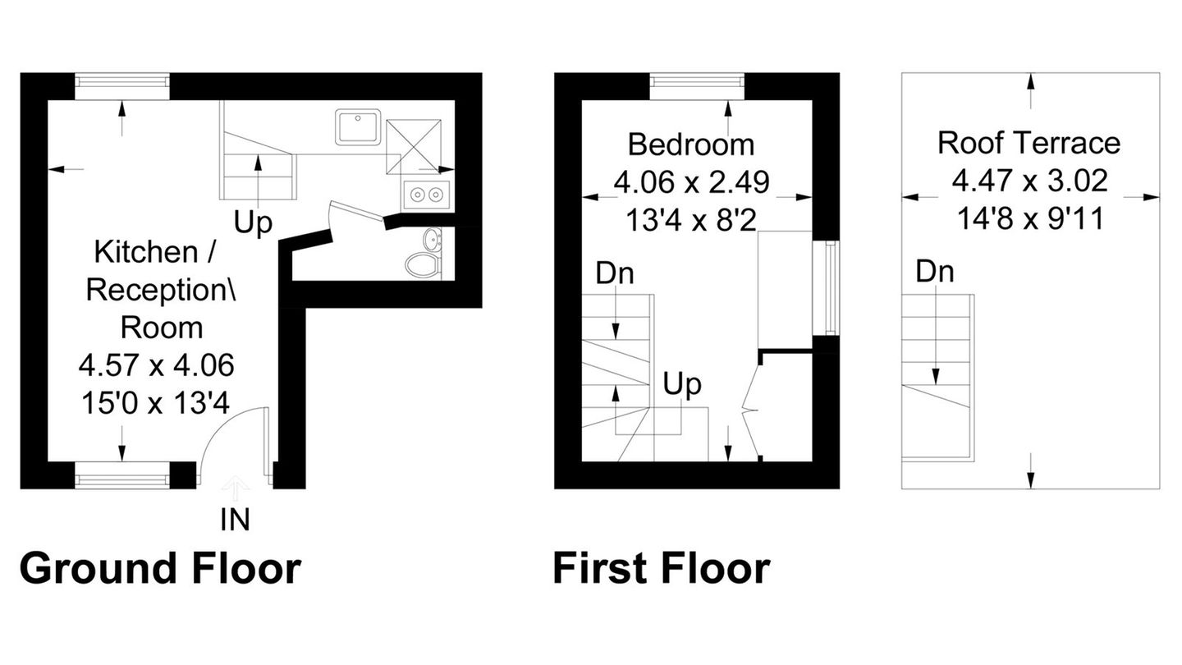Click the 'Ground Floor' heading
click(x=160, y=569)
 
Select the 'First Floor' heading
click(x=662, y=568)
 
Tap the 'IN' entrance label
click(x=236, y=521)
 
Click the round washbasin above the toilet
click(x=433, y=240)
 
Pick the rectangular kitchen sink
click(x=358, y=126)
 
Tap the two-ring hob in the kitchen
click(x=426, y=195)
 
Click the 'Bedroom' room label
click(x=691, y=144)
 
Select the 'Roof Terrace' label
click(x=1029, y=143)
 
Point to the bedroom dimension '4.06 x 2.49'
click(x=691, y=182)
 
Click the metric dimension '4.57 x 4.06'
click(x=157, y=365)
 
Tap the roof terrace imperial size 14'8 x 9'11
click(x=1030, y=218)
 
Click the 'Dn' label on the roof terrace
click(x=935, y=271)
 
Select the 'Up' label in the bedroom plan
click(x=682, y=384)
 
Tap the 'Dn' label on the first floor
click(x=615, y=273)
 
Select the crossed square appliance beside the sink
click(x=414, y=146)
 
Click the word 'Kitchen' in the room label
click(x=146, y=252)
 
